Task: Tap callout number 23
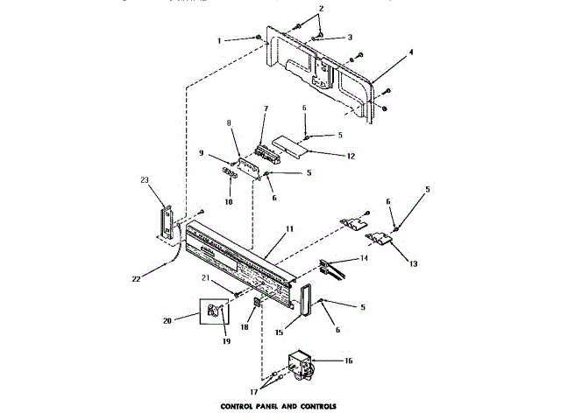(x=146, y=180)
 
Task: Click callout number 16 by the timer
(x=348, y=359)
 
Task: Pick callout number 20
(x=181, y=320)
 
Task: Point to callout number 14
(x=364, y=259)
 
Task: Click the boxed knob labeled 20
(x=215, y=311)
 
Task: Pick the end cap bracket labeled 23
(x=164, y=220)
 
